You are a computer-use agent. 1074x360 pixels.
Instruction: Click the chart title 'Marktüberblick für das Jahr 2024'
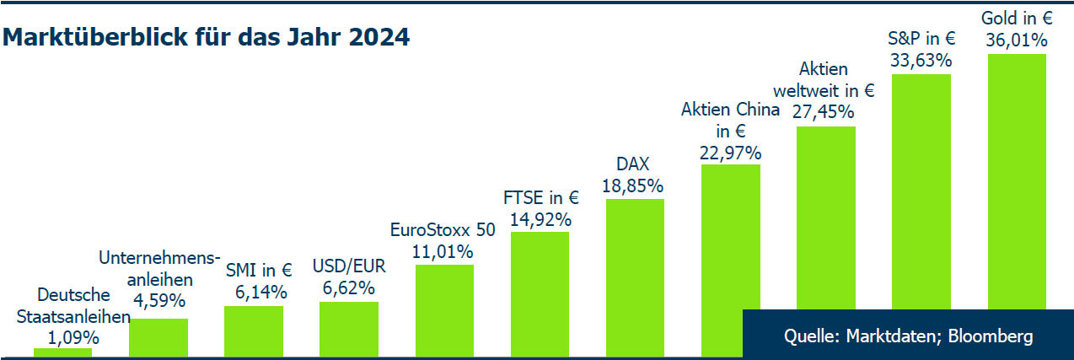coord(207,38)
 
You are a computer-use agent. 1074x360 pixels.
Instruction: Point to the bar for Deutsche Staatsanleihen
coord(62,352)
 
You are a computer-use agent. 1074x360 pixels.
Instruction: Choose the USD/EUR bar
coord(349,328)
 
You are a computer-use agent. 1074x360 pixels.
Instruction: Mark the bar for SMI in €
coord(254,330)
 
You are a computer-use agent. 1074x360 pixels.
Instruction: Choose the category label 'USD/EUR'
coord(348,266)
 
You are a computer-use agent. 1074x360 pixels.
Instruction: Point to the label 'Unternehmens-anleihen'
coord(159,268)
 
